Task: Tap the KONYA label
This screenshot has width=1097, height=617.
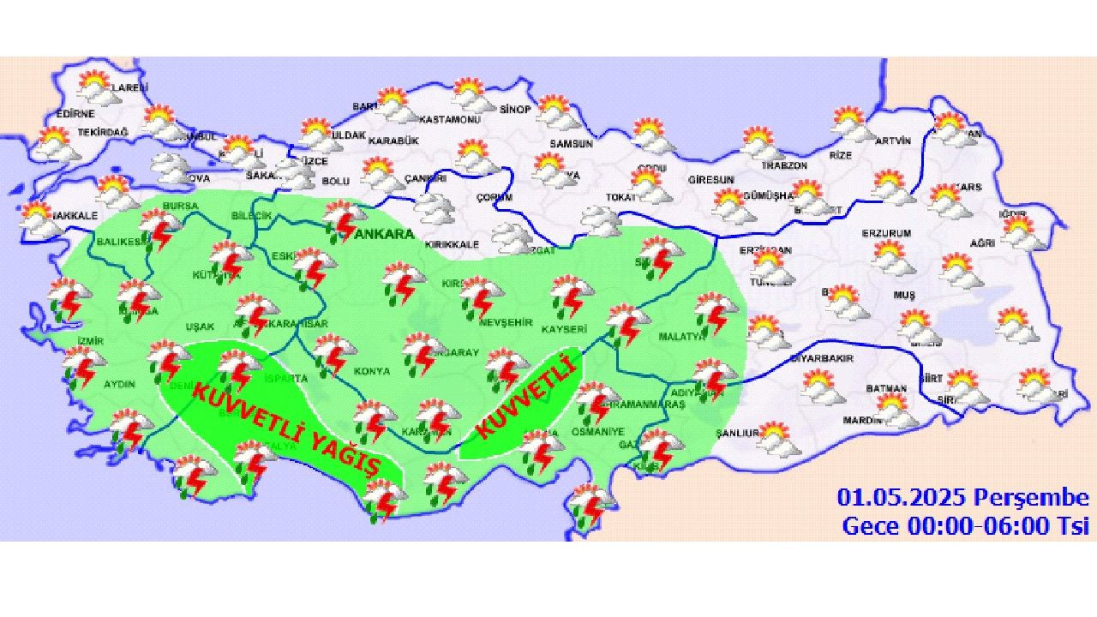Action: pyautogui.click(x=372, y=372)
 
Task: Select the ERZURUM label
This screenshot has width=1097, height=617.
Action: pyautogui.click(x=887, y=233)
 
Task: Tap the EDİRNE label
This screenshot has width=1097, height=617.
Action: pyautogui.click(x=75, y=114)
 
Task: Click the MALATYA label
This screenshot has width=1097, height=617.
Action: pyautogui.click(x=681, y=337)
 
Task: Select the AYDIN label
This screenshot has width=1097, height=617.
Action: pyautogui.click(x=119, y=384)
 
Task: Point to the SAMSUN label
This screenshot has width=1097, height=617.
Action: pyautogui.click(x=571, y=144)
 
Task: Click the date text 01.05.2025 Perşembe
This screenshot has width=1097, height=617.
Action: pyautogui.click(x=962, y=498)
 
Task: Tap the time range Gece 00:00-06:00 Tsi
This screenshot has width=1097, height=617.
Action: pyautogui.click(x=965, y=525)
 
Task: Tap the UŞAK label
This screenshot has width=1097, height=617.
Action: pyautogui.click(x=200, y=326)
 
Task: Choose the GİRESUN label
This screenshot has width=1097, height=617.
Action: pyautogui.click(x=711, y=180)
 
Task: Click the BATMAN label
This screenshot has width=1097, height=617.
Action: pyautogui.click(x=886, y=388)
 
